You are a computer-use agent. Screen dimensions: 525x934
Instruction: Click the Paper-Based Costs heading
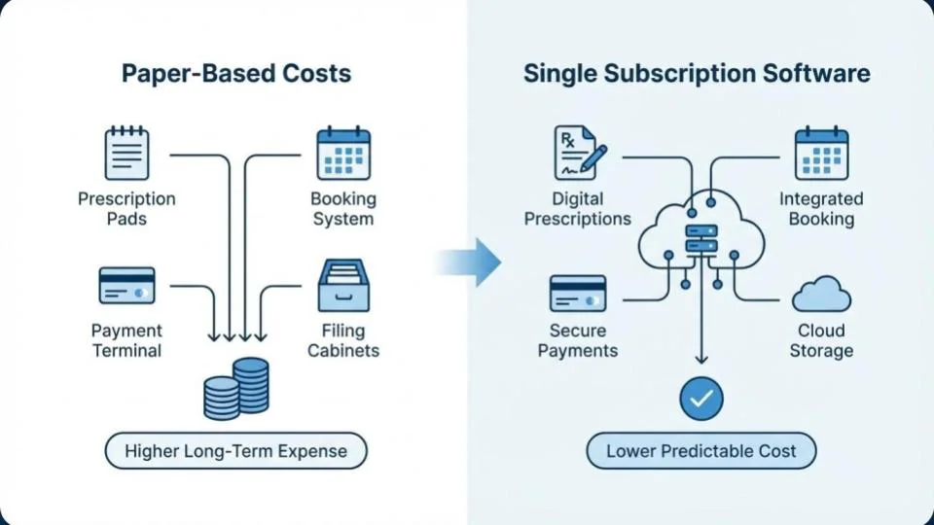click(x=236, y=75)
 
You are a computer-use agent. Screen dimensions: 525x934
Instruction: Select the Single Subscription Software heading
click(x=697, y=75)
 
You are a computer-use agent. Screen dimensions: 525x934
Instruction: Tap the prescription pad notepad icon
click(x=126, y=154)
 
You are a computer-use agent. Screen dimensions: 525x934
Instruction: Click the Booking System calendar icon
click(x=342, y=154)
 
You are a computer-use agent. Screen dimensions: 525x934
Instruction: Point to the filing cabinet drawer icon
click(x=342, y=284)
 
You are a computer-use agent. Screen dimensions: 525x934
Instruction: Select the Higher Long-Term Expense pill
click(x=236, y=451)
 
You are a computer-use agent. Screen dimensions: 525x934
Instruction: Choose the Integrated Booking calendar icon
click(x=821, y=154)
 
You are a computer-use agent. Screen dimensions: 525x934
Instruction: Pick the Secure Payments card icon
click(x=578, y=293)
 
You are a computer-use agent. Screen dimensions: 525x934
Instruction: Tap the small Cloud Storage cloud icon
click(x=821, y=293)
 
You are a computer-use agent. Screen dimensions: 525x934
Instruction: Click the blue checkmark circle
click(x=701, y=398)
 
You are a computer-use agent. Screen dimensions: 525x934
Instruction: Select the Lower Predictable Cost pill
click(x=701, y=451)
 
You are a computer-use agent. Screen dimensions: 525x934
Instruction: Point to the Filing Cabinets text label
click(x=342, y=340)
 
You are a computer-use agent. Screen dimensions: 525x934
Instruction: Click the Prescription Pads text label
click(x=126, y=209)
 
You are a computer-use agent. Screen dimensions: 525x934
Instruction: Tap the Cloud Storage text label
click(x=821, y=340)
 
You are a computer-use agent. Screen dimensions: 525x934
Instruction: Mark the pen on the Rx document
click(x=593, y=157)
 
